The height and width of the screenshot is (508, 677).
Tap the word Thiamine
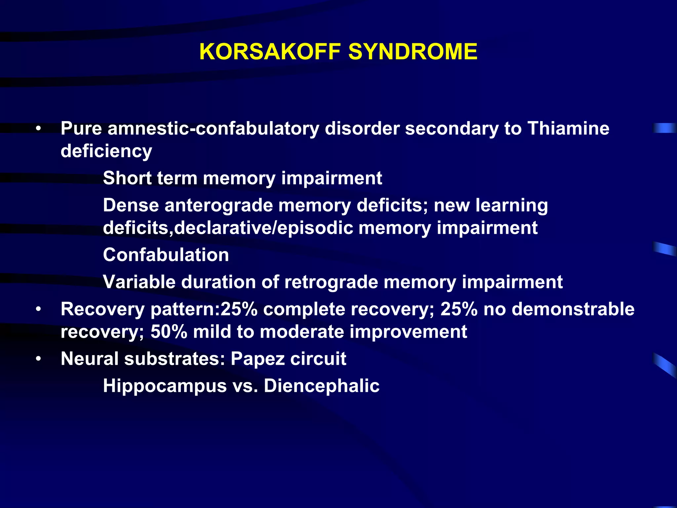click(568, 128)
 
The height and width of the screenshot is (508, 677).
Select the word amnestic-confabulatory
click(213, 128)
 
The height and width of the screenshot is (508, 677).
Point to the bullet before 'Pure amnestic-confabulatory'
click(39, 129)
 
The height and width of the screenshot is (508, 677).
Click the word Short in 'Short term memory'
click(127, 178)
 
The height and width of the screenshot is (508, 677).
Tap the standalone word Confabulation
click(166, 255)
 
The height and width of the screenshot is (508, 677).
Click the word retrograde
click(331, 282)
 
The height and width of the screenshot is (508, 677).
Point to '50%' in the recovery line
click(169, 332)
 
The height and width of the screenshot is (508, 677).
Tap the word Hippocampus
click(165, 386)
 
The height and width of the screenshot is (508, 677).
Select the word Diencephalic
click(321, 386)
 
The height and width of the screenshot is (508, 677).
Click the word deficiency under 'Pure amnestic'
click(106, 151)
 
